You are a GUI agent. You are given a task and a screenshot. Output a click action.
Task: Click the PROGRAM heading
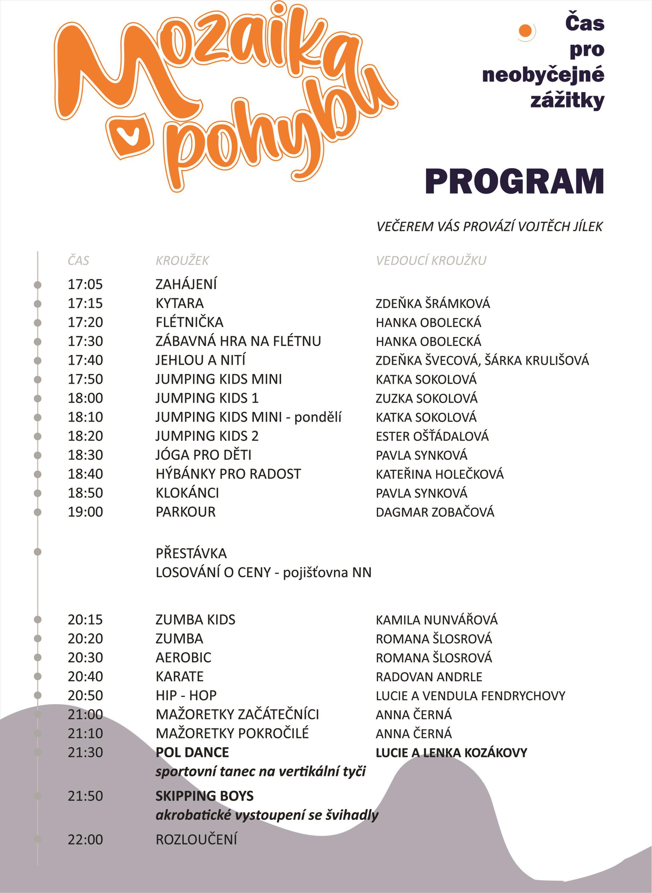point(514,181)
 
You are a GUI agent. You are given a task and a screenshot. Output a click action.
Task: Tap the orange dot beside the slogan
point(525,30)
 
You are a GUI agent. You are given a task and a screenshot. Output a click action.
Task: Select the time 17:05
point(85,284)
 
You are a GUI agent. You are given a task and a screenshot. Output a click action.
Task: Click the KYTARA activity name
point(180,303)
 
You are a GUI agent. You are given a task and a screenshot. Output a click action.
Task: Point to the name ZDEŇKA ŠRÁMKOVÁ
point(433,303)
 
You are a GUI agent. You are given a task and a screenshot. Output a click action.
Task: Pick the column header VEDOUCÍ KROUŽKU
point(431,261)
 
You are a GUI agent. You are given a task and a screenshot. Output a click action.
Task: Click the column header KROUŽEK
point(182,261)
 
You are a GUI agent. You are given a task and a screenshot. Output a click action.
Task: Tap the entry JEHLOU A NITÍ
point(201,360)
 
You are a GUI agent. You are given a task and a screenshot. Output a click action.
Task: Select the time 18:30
point(85,455)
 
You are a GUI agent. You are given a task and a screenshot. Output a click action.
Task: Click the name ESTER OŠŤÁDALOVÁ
point(432,436)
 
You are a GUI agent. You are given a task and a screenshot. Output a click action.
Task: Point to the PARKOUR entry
point(186,512)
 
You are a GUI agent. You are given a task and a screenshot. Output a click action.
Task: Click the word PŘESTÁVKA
point(191,553)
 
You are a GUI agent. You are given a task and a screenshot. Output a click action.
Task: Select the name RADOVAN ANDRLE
point(429,677)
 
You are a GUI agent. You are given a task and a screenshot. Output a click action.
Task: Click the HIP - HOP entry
point(186,695)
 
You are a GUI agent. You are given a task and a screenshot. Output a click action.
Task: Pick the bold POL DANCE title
point(192,752)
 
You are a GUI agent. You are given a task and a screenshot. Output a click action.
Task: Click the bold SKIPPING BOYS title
point(204,796)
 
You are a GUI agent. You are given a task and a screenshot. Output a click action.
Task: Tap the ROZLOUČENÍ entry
point(196,839)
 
